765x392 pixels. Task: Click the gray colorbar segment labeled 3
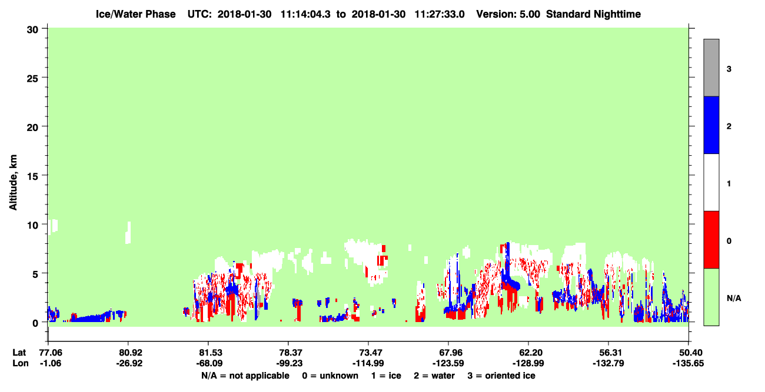coord(711,68)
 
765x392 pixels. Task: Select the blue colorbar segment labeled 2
coord(711,125)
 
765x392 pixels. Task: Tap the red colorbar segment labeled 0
coord(711,240)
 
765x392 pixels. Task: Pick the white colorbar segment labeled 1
coord(711,182)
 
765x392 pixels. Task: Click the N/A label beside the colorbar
coord(734,298)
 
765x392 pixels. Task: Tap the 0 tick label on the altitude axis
coord(35,323)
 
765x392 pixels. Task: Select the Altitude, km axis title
coord(13,182)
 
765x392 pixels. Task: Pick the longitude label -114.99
coord(368,363)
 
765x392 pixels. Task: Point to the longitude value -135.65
coord(688,363)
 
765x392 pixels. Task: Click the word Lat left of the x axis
coord(19,353)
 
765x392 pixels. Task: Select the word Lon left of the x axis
coord(21,363)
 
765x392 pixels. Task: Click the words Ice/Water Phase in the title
coord(135,14)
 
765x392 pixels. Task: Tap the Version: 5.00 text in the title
coord(508,14)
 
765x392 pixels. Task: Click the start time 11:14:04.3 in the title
coord(305,14)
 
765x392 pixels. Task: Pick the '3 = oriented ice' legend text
coord(501,376)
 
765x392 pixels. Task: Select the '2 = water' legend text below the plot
coord(434,376)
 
